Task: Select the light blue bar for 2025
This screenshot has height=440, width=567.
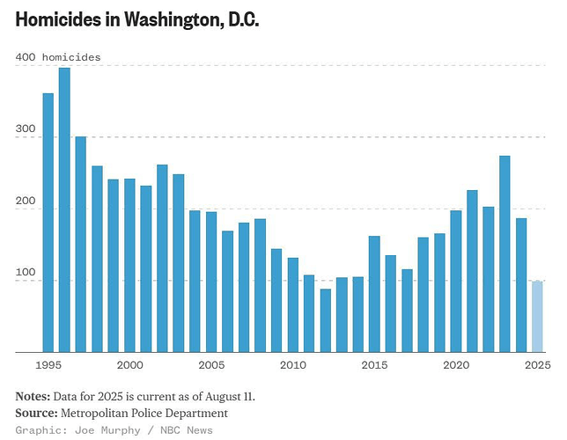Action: tap(537, 317)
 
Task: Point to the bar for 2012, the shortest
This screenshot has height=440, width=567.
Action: tap(325, 320)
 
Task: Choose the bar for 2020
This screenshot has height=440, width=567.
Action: tap(455, 281)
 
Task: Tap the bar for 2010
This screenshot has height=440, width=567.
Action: tap(292, 304)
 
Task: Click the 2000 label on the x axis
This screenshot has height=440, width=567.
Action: tap(129, 364)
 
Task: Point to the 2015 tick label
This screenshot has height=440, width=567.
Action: tap(374, 364)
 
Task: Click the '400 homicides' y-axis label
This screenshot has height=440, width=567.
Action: tap(58, 57)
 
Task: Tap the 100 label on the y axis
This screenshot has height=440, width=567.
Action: tap(26, 280)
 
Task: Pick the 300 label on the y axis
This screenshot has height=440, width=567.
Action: tap(26, 136)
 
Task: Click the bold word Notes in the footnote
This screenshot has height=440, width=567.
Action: tap(33, 396)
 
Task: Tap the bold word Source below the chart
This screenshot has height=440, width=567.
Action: tap(35, 413)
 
